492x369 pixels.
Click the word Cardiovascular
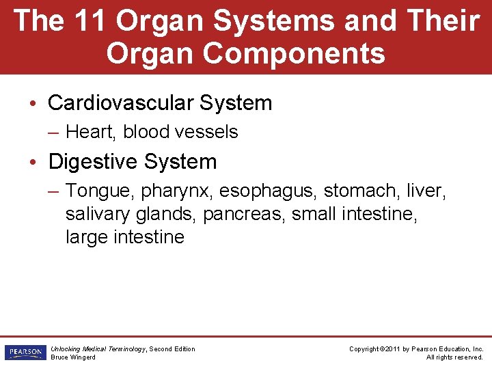point(121,103)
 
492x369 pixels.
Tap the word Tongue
point(97,192)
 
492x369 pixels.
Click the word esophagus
point(268,192)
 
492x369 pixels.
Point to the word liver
point(425,191)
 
